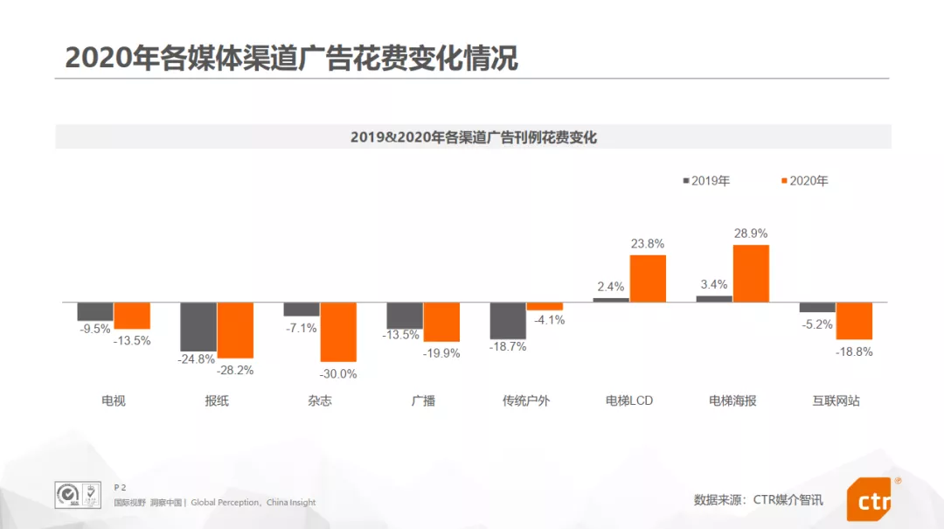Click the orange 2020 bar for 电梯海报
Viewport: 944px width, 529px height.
[751, 274]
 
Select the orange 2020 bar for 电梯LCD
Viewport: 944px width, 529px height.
[648, 279]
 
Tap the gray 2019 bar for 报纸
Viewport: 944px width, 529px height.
[198, 326]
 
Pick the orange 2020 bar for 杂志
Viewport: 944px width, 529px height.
[338, 331]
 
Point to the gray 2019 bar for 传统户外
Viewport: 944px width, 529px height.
[508, 320]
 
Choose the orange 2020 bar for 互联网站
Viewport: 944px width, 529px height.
[854, 321]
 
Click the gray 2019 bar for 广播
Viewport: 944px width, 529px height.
[405, 316]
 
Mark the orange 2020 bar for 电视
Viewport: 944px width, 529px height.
[132, 316]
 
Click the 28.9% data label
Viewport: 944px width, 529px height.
[751, 234]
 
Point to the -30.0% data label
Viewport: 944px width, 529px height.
[339, 373]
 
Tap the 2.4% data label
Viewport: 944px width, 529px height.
[611, 286]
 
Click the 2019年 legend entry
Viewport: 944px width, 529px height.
[706, 181]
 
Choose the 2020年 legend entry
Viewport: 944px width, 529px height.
[804, 181]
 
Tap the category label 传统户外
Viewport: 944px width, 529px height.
[526, 400]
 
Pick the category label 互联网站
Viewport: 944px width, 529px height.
[836, 400]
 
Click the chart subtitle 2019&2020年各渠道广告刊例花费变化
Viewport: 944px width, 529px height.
[473, 137]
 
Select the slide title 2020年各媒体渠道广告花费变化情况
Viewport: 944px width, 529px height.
[292, 58]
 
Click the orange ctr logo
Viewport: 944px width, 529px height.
[871, 500]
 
